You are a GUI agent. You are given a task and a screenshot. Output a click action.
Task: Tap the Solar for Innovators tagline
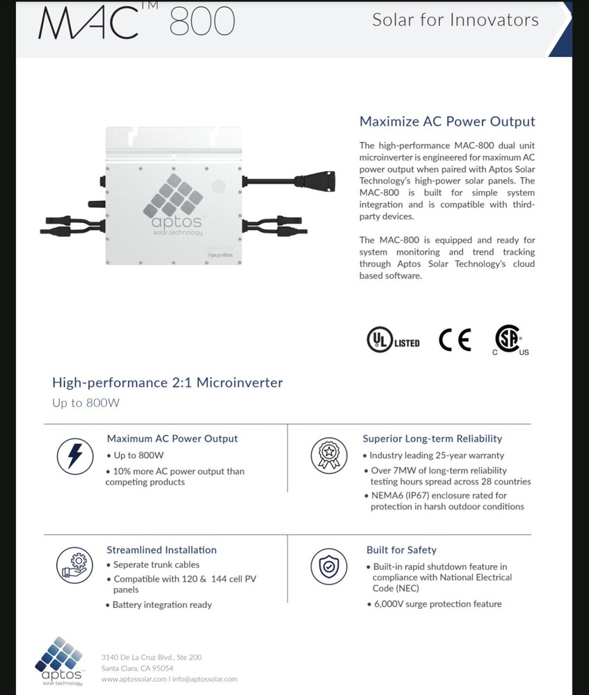pos(455,19)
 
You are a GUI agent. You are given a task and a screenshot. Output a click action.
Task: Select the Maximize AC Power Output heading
pos(446,122)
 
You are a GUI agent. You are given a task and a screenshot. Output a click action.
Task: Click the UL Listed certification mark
pos(393,341)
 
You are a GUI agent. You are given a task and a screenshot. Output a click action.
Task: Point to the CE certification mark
pos(455,340)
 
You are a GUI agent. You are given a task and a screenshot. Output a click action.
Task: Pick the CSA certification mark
pos(510,341)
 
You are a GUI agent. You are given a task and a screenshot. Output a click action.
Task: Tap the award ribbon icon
pos(328,455)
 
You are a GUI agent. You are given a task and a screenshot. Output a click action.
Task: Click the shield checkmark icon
pos(328,565)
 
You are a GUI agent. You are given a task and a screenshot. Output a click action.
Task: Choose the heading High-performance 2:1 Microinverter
pos(168,382)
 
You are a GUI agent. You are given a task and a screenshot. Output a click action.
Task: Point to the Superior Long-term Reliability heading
pos(432,439)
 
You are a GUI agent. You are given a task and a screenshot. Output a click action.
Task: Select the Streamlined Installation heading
pos(161,550)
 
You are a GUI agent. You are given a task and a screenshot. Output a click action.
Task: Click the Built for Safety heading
pos(401,550)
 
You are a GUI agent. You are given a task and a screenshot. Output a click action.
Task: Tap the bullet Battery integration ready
pos(162,605)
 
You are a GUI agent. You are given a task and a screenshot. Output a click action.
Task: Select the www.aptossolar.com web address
pos(134,679)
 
